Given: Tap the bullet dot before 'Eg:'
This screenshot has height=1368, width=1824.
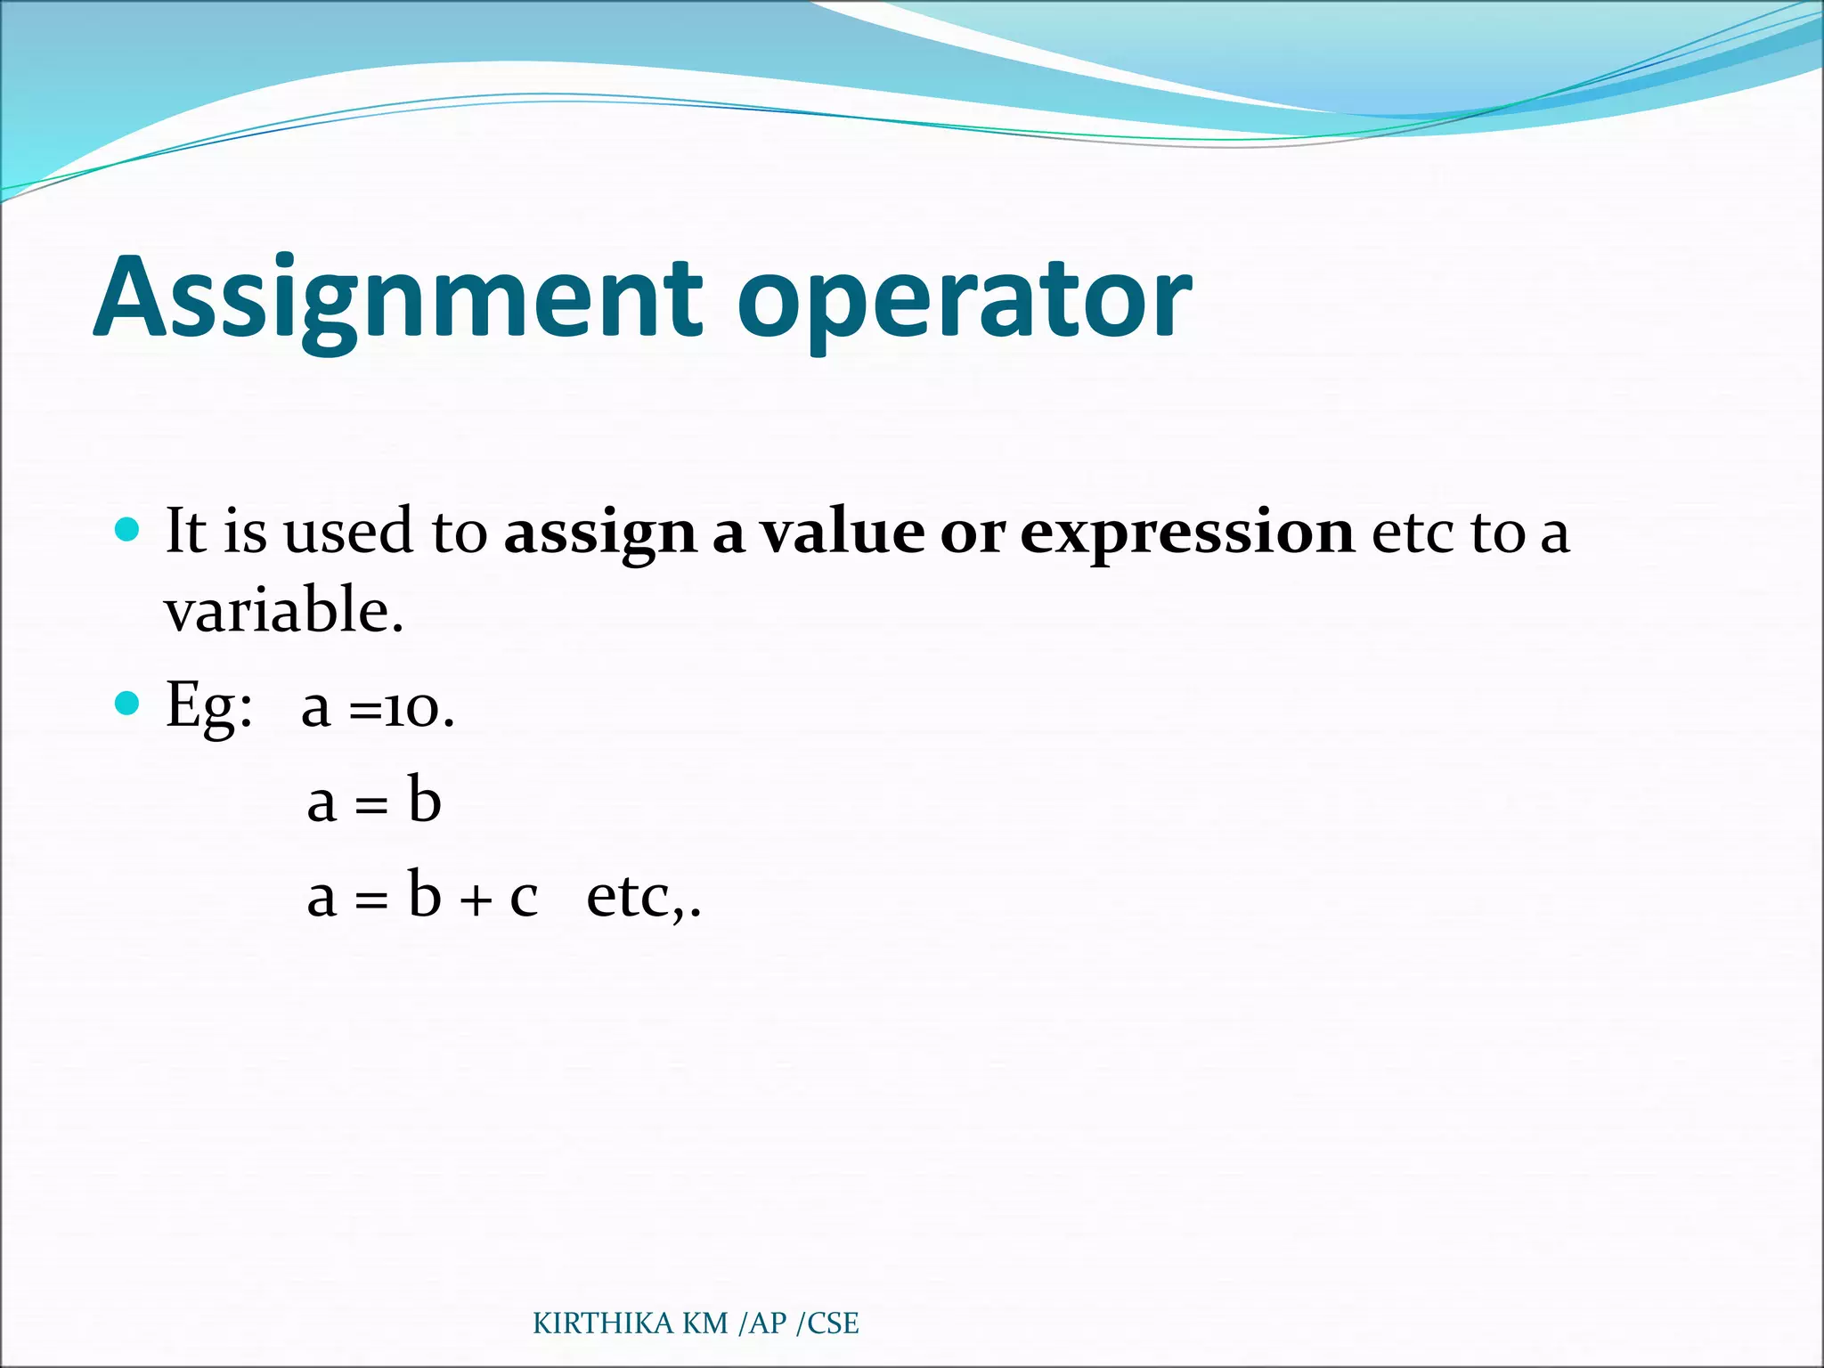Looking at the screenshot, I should tap(128, 704).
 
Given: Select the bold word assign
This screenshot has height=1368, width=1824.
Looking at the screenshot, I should tap(599, 534).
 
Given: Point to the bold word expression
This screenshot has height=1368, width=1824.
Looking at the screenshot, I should tap(1186, 534).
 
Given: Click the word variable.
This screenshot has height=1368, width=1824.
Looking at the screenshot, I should tap(283, 611).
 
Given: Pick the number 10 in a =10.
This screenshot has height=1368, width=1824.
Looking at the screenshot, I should tap(411, 711).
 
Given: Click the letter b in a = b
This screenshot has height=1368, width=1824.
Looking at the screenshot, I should tap(425, 799).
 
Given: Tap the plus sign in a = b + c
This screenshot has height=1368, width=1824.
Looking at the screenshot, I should tap(476, 900).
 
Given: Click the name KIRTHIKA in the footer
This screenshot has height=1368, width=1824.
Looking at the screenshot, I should tap(603, 1323).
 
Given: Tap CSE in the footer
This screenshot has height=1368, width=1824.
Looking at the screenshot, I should tap(833, 1323).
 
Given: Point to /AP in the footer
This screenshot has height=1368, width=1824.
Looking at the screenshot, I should tap(763, 1323).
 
